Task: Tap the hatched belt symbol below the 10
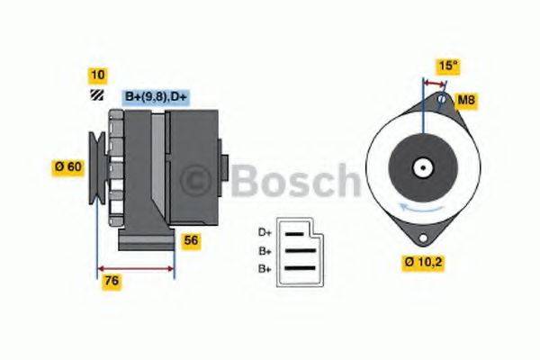(96, 94)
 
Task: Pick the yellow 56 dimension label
(191, 241)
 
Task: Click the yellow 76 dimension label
(112, 281)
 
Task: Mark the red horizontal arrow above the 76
(135, 267)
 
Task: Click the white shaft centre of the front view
(421, 167)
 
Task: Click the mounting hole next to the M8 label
(442, 101)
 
